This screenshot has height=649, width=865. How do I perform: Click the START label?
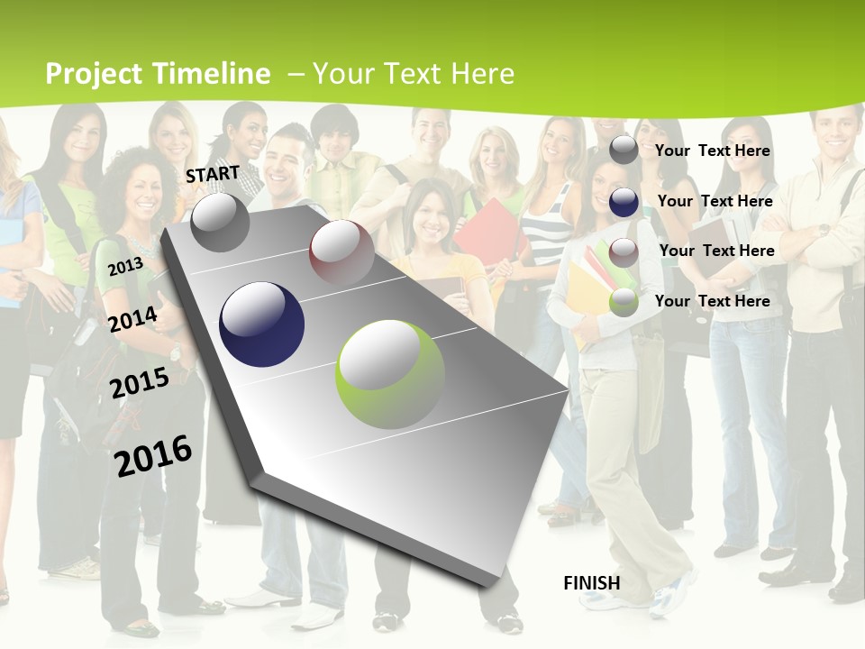pyautogui.click(x=213, y=174)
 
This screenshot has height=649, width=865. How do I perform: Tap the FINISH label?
pyautogui.click(x=592, y=583)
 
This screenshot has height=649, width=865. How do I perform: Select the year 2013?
pyautogui.click(x=126, y=266)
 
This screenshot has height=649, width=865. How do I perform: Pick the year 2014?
pyautogui.click(x=133, y=318)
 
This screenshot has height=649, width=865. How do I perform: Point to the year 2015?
pyautogui.click(x=140, y=382)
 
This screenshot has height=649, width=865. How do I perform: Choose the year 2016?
pyautogui.click(x=154, y=455)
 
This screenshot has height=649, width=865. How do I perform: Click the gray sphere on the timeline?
pyautogui.click(x=220, y=222)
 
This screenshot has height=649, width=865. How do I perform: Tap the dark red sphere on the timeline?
pyautogui.click(x=341, y=253)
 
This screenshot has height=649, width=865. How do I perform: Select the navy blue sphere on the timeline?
pyautogui.click(x=262, y=324)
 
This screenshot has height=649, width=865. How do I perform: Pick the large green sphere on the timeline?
pyautogui.click(x=390, y=374)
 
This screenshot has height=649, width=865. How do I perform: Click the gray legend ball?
pyautogui.click(x=624, y=151)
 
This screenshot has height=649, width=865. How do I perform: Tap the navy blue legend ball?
pyautogui.click(x=624, y=202)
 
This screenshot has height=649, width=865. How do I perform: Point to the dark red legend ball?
pyautogui.click(x=624, y=252)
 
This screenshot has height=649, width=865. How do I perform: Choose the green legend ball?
pyautogui.click(x=624, y=303)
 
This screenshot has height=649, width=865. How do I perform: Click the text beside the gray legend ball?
pyautogui.click(x=713, y=151)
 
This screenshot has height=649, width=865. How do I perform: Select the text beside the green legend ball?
pyautogui.click(x=713, y=301)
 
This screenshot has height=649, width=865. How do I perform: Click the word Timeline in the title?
pyautogui.click(x=212, y=74)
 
